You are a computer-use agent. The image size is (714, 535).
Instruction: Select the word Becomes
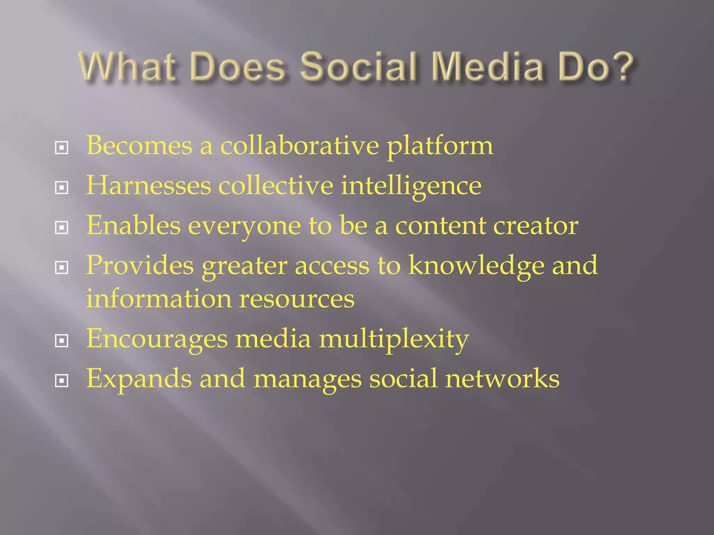(139, 145)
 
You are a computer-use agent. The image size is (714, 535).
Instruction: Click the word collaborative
(299, 145)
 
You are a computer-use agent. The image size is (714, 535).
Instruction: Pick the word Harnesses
(149, 185)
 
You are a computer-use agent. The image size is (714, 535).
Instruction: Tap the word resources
(297, 299)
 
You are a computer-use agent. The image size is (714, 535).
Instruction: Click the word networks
(502, 379)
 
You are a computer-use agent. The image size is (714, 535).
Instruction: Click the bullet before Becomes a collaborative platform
(62, 148)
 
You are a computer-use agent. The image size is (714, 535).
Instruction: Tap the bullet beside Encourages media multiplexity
(62, 341)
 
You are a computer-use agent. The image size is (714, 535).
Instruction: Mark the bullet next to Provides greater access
(62, 268)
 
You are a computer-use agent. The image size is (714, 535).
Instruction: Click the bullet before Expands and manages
(62, 381)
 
